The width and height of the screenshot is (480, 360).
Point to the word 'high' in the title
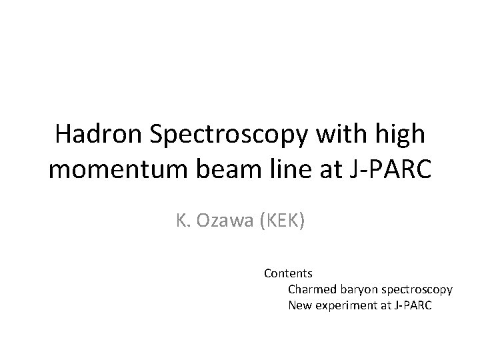(x=399, y=135)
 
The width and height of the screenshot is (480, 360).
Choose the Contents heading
(x=289, y=273)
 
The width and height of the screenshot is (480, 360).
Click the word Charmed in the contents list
(x=310, y=290)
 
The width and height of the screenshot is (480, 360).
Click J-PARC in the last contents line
(x=413, y=306)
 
